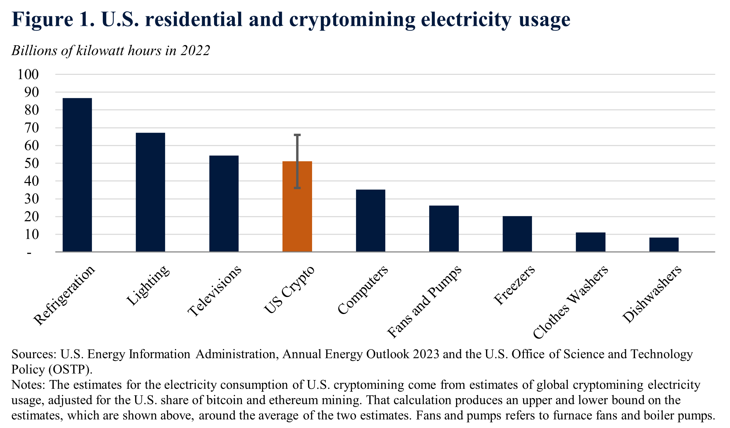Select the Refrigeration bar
click(77, 175)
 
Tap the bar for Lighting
click(150, 192)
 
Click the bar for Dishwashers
click(664, 245)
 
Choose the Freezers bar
click(517, 234)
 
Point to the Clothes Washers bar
click(590, 242)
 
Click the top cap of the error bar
click(297, 135)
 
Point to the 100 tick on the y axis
click(28, 74)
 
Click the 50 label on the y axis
click(31, 163)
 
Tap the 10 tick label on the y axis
click(31, 234)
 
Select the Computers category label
click(363, 290)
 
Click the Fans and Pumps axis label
click(424, 302)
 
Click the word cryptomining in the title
click(352, 19)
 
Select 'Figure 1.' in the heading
click(53, 19)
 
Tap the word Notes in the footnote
click(28, 385)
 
